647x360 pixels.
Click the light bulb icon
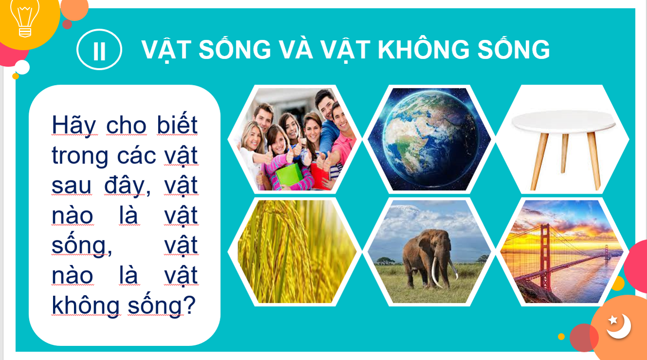point(25,18)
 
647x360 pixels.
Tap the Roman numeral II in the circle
point(99,51)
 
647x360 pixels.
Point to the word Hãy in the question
point(74,125)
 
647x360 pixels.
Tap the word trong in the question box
point(80,156)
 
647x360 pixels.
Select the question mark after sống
point(190,305)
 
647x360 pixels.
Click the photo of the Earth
point(429,139)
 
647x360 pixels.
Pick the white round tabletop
point(563,121)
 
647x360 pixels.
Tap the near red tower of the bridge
point(545,257)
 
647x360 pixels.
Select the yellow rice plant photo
point(295,252)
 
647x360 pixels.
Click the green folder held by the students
point(289,175)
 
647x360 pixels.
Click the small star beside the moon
point(612,320)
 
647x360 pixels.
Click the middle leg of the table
point(564,153)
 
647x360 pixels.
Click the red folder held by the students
point(319,175)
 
